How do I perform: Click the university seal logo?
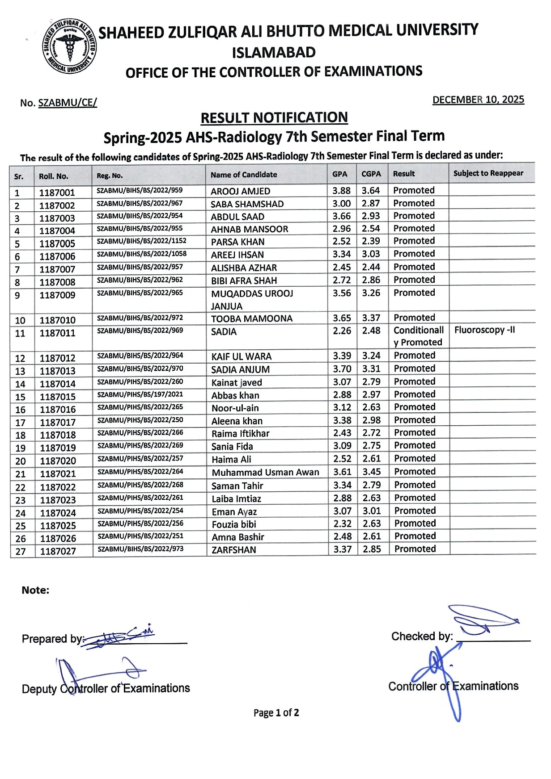coord(69,46)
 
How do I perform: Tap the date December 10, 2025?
coord(478,100)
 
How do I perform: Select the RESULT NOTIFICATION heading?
coord(274,118)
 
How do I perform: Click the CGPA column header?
coord(371,174)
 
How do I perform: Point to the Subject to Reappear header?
coord(488,173)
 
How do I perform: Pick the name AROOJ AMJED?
coord(241,191)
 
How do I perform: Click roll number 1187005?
coord(57,244)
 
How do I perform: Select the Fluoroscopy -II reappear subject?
coord(484,330)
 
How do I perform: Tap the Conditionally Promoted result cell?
coord(418,336)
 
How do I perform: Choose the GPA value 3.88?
coord(341,191)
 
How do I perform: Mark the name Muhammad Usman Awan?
coord(265,473)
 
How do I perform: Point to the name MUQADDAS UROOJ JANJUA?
coord(252,300)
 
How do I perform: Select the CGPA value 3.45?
coord(372,472)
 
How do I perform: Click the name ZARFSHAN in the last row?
coord(233,550)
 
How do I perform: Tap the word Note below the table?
coord(35,590)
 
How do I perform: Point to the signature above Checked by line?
coord(485,620)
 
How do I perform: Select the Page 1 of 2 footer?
coord(276,713)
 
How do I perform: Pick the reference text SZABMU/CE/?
coord(68,103)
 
